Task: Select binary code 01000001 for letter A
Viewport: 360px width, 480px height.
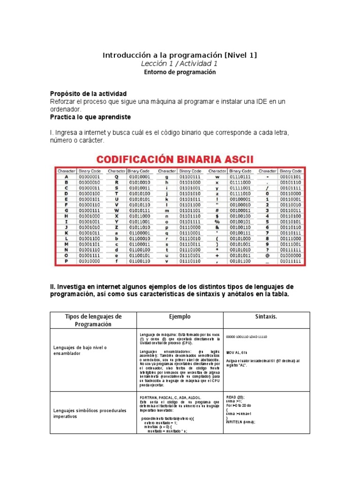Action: [90, 177]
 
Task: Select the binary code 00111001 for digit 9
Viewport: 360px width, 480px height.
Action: [292, 244]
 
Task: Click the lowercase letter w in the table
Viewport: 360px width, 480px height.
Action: [217, 177]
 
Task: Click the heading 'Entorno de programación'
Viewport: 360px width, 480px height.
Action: [180, 72]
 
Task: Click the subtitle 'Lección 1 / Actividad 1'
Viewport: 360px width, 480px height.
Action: [180, 64]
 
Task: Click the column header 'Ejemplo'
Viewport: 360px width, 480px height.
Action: [180, 317]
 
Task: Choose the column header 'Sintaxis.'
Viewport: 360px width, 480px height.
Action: [266, 317]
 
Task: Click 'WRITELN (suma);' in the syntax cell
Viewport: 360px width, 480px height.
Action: [241, 422]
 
